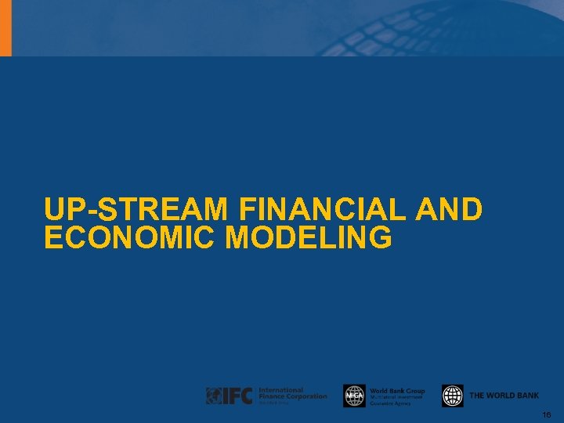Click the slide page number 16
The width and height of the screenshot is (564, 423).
click(546, 414)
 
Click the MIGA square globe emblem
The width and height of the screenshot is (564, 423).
click(354, 396)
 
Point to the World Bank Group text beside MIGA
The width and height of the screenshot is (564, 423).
click(397, 391)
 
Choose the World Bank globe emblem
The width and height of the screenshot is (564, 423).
click(452, 396)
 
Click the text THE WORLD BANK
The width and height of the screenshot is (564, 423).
click(504, 396)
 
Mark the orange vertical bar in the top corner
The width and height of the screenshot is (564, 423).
click(5, 27)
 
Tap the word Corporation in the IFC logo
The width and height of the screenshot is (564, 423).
click(309, 396)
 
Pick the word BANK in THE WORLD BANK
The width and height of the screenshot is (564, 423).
click(527, 396)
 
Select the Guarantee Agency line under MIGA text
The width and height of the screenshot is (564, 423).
click(390, 403)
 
